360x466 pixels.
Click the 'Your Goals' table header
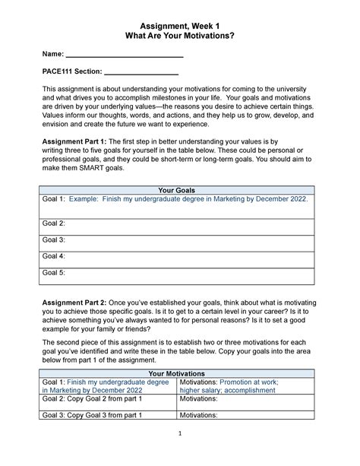pos(179,189)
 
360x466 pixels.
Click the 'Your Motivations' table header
pos(179,374)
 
